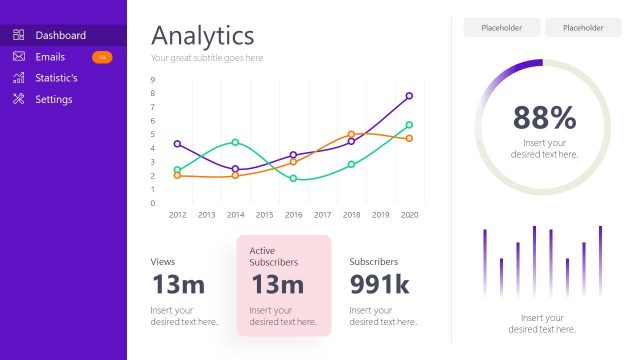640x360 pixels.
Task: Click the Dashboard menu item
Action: (x=60, y=35)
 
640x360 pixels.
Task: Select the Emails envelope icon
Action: (x=19, y=57)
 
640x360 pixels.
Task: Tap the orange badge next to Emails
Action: (x=102, y=57)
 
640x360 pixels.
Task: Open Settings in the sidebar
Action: (x=53, y=99)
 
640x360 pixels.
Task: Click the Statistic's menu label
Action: (x=56, y=78)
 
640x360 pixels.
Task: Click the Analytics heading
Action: (x=202, y=36)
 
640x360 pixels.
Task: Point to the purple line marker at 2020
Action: (x=409, y=96)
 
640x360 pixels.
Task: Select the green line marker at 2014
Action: (x=235, y=142)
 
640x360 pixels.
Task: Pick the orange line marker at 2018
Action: (x=351, y=134)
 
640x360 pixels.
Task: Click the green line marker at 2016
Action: (x=293, y=178)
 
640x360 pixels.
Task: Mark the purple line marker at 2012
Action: (x=177, y=144)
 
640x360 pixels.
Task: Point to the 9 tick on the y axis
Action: (x=153, y=80)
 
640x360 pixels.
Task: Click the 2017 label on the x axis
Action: (x=322, y=214)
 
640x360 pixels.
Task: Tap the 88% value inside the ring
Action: (x=544, y=118)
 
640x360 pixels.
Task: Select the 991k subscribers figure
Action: (x=379, y=285)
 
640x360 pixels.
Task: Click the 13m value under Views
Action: (x=178, y=285)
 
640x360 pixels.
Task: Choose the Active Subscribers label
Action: (x=274, y=256)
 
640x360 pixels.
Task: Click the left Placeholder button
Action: (x=501, y=28)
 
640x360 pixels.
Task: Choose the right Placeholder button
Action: (x=583, y=28)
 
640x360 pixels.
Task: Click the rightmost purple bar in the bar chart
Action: (x=600, y=261)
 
